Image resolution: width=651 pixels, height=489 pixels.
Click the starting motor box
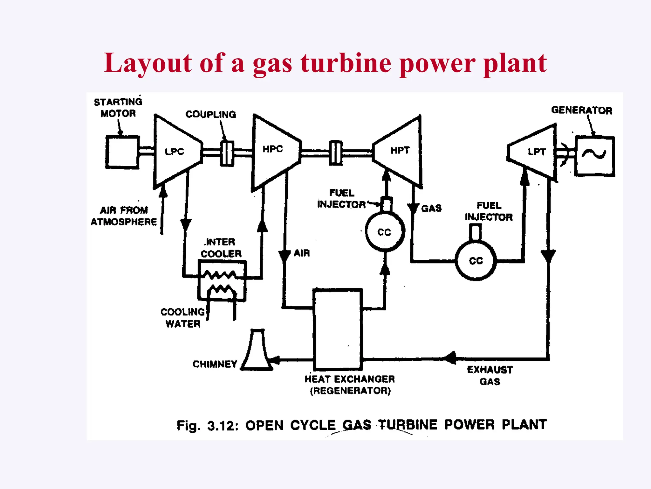point(122,152)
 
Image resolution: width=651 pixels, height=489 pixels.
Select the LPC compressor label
point(174,152)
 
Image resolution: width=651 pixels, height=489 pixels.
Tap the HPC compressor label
point(273,149)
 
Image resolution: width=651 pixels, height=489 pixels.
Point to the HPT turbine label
point(400,150)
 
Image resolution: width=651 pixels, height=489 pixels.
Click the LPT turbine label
point(537,152)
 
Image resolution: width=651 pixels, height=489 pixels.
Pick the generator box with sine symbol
point(594,156)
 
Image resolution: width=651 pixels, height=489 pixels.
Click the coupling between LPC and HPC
point(227,153)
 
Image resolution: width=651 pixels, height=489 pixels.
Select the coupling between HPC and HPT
point(336,153)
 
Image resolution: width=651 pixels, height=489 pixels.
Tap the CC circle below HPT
point(385,232)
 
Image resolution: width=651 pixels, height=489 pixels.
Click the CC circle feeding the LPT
point(476,261)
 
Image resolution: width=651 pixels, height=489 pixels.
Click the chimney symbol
point(257,352)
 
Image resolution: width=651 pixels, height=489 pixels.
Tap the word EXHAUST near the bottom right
point(490,370)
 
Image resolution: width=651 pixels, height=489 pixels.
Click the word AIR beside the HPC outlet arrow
point(302,253)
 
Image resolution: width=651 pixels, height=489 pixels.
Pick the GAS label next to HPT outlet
point(431,208)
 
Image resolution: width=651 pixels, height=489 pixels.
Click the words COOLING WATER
point(183,318)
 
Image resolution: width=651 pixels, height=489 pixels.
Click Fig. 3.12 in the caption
point(207,426)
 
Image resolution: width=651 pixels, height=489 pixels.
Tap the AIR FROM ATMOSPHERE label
point(124,216)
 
